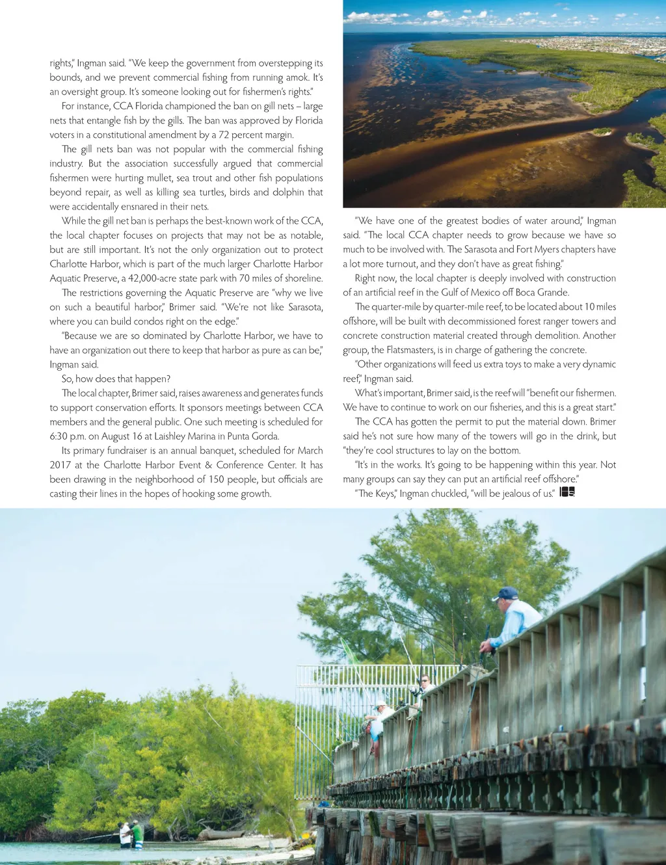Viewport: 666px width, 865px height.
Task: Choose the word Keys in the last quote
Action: (384, 494)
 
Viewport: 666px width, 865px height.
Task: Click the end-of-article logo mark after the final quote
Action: (567, 492)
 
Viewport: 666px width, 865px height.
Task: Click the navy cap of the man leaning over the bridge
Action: (507, 593)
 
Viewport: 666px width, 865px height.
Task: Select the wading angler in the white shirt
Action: (125, 834)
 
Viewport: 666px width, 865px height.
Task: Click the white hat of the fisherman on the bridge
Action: (380, 704)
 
